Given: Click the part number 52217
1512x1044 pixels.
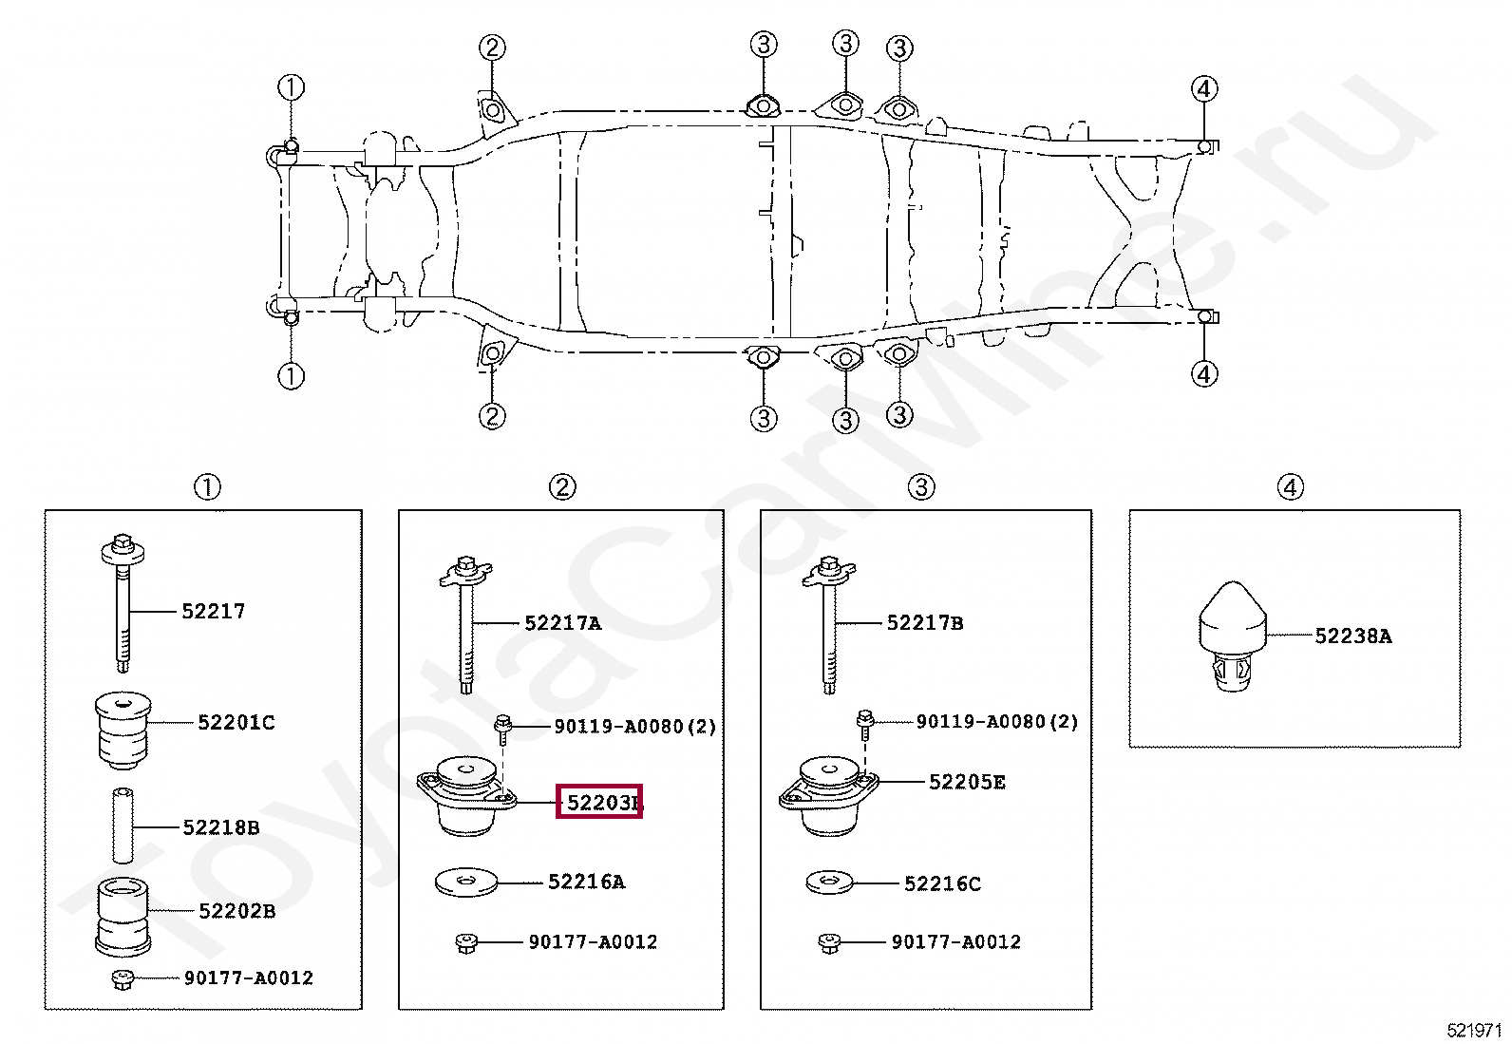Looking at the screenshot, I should [214, 612].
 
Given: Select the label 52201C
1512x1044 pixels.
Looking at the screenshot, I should [236, 723].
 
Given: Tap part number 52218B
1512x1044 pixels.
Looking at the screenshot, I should [221, 828].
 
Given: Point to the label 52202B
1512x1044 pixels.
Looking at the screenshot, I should [237, 912].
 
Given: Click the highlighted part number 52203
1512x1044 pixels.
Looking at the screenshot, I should [600, 803].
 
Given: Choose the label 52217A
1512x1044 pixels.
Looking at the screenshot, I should [563, 623].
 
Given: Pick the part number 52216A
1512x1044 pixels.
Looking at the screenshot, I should [587, 883].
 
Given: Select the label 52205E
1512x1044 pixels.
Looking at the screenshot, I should [967, 783].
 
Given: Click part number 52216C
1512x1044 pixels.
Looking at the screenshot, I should [942, 884].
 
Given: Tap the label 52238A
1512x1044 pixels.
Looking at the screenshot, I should [1353, 636].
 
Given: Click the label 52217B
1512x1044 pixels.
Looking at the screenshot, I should [925, 623].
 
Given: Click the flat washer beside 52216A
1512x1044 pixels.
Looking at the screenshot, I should [466, 883].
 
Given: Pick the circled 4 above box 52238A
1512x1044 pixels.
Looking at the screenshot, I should [1290, 487].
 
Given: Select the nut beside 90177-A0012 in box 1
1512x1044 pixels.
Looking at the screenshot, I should [123, 978].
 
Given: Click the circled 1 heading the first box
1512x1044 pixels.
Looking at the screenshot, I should [207, 487].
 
